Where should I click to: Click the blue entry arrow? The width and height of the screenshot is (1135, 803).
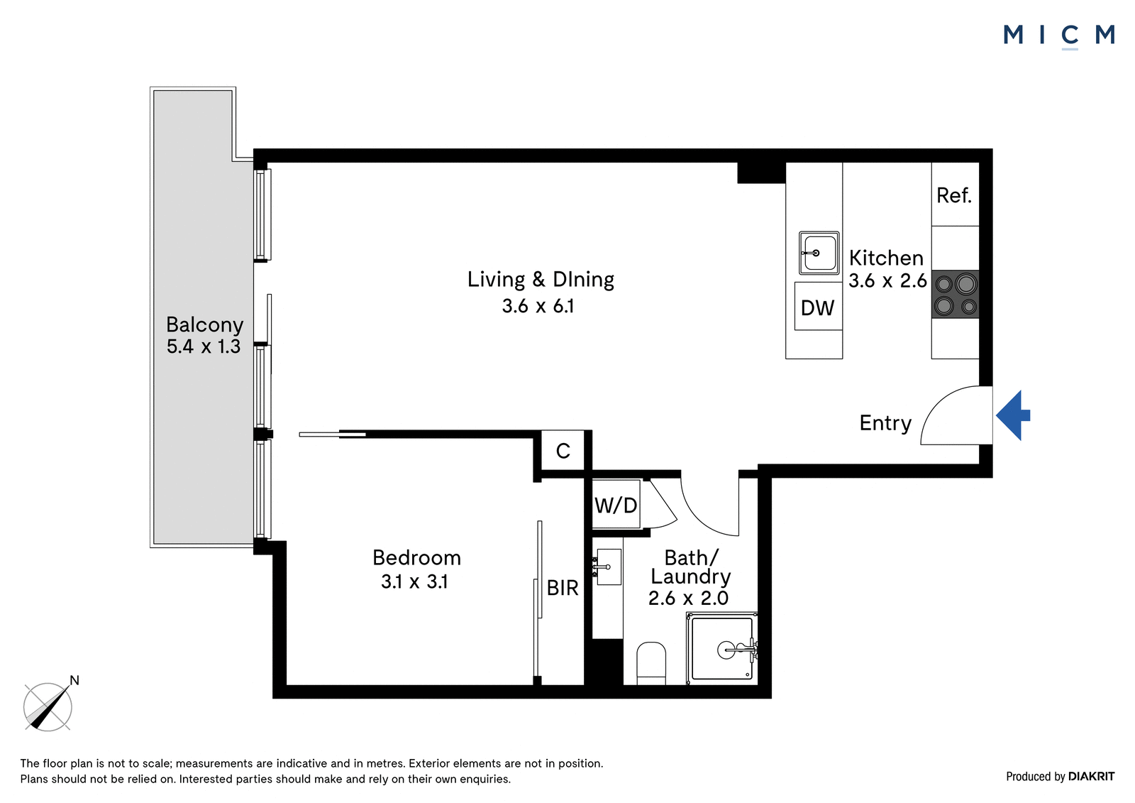pyautogui.click(x=1012, y=415)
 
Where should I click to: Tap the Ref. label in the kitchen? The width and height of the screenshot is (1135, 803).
pyautogui.click(x=954, y=195)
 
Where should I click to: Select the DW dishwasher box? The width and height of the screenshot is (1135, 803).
pyautogui.click(x=819, y=306)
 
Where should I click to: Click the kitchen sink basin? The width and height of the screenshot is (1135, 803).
pyautogui.click(x=819, y=253)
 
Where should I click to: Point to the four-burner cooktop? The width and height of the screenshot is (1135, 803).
pyautogui.click(x=955, y=295)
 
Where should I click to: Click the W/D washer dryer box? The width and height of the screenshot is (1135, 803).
pyautogui.click(x=616, y=505)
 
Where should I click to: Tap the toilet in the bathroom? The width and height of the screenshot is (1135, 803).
pyautogui.click(x=651, y=664)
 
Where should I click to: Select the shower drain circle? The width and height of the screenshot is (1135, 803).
pyautogui.click(x=726, y=650)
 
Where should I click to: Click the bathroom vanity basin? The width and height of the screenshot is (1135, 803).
pyautogui.click(x=609, y=567)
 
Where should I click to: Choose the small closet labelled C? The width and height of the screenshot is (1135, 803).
pyautogui.click(x=563, y=450)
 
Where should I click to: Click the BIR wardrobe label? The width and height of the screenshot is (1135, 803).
pyautogui.click(x=563, y=588)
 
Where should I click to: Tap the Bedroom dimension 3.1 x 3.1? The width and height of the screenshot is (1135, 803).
pyautogui.click(x=414, y=581)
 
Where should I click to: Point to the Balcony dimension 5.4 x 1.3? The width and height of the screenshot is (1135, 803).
pyautogui.click(x=204, y=346)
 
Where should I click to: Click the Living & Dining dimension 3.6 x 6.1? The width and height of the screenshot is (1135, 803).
pyautogui.click(x=538, y=306)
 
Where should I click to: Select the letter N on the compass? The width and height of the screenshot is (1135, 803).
pyautogui.click(x=74, y=680)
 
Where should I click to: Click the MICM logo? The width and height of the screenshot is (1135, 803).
pyautogui.click(x=1059, y=35)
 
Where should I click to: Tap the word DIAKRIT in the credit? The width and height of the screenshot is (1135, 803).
pyautogui.click(x=1092, y=777)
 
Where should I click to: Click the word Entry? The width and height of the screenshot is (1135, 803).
pyautogui.click(x=885, y=423)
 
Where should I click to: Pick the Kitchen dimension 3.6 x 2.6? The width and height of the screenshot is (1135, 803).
pyautogui.click(x=887, y=280)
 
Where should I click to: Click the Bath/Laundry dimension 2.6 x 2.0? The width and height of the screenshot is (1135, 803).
pyautogui.click(x=688, y=598)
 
